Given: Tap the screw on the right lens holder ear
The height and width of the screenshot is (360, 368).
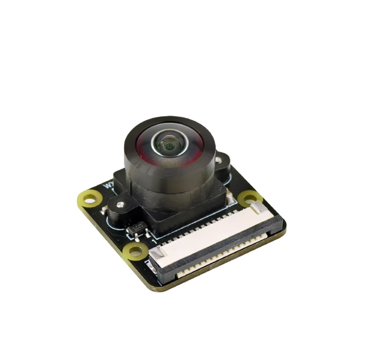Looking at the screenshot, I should point(218,160).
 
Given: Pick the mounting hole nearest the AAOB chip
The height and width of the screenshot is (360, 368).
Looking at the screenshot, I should point(135,251).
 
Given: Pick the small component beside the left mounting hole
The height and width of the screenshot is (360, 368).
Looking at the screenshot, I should point(103,209).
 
